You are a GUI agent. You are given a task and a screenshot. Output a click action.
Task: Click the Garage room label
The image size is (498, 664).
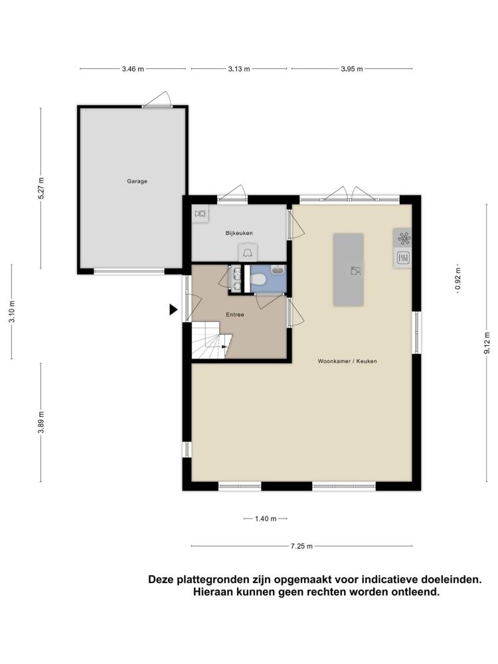pyautogui.click(x=137, y=181)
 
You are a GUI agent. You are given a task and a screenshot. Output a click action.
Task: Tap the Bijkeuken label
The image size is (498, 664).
pyautogui.click(x=239, y=233)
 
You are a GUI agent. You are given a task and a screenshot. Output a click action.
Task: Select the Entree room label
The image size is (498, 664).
pyautogui.click(x=235, y=315)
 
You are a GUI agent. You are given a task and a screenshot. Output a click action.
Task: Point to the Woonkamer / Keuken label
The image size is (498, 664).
pyautogui.click(x=347, y=361)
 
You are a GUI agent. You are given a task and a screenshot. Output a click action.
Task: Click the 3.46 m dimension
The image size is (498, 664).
pyautogui.click(x=133, y=68)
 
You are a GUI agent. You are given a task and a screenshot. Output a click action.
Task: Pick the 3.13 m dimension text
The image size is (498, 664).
pyautogui.click(x=239, y=68)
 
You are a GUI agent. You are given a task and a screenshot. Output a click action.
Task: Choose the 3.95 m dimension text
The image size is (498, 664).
pyautogui.click(x=352, y=68)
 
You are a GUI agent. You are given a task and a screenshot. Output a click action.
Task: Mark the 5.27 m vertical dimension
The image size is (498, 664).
pyautogui.click(x=41, y=188)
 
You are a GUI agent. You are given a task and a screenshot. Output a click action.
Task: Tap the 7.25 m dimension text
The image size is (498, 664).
pyautogui.click(x=301, y=546)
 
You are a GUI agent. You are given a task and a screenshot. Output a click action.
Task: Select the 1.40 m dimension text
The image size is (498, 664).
pyautogui.click(x=266, y=519)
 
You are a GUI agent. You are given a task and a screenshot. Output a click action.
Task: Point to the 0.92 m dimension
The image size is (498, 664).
pyautogui.click(x=457, y=280)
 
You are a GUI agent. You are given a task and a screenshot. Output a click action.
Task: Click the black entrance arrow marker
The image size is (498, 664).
pyautogui.click(x=173, y=309)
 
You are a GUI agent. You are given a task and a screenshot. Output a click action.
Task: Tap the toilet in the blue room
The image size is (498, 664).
pyautogui.click(x=258, y=279)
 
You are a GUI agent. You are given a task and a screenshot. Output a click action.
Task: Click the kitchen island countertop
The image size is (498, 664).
pyautogui.click(x=348, y=270)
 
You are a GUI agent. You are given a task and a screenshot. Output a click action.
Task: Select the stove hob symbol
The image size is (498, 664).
pyautogui.click(x=404, y=238)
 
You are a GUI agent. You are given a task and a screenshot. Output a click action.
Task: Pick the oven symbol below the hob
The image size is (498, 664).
pyautogui.click(x=403, y=258)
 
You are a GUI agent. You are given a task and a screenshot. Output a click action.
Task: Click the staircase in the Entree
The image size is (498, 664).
pyautogui.click(x=212, y=339)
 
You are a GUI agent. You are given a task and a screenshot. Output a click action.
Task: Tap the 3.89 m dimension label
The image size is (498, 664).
pyautogui.click(x=41, y=422)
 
